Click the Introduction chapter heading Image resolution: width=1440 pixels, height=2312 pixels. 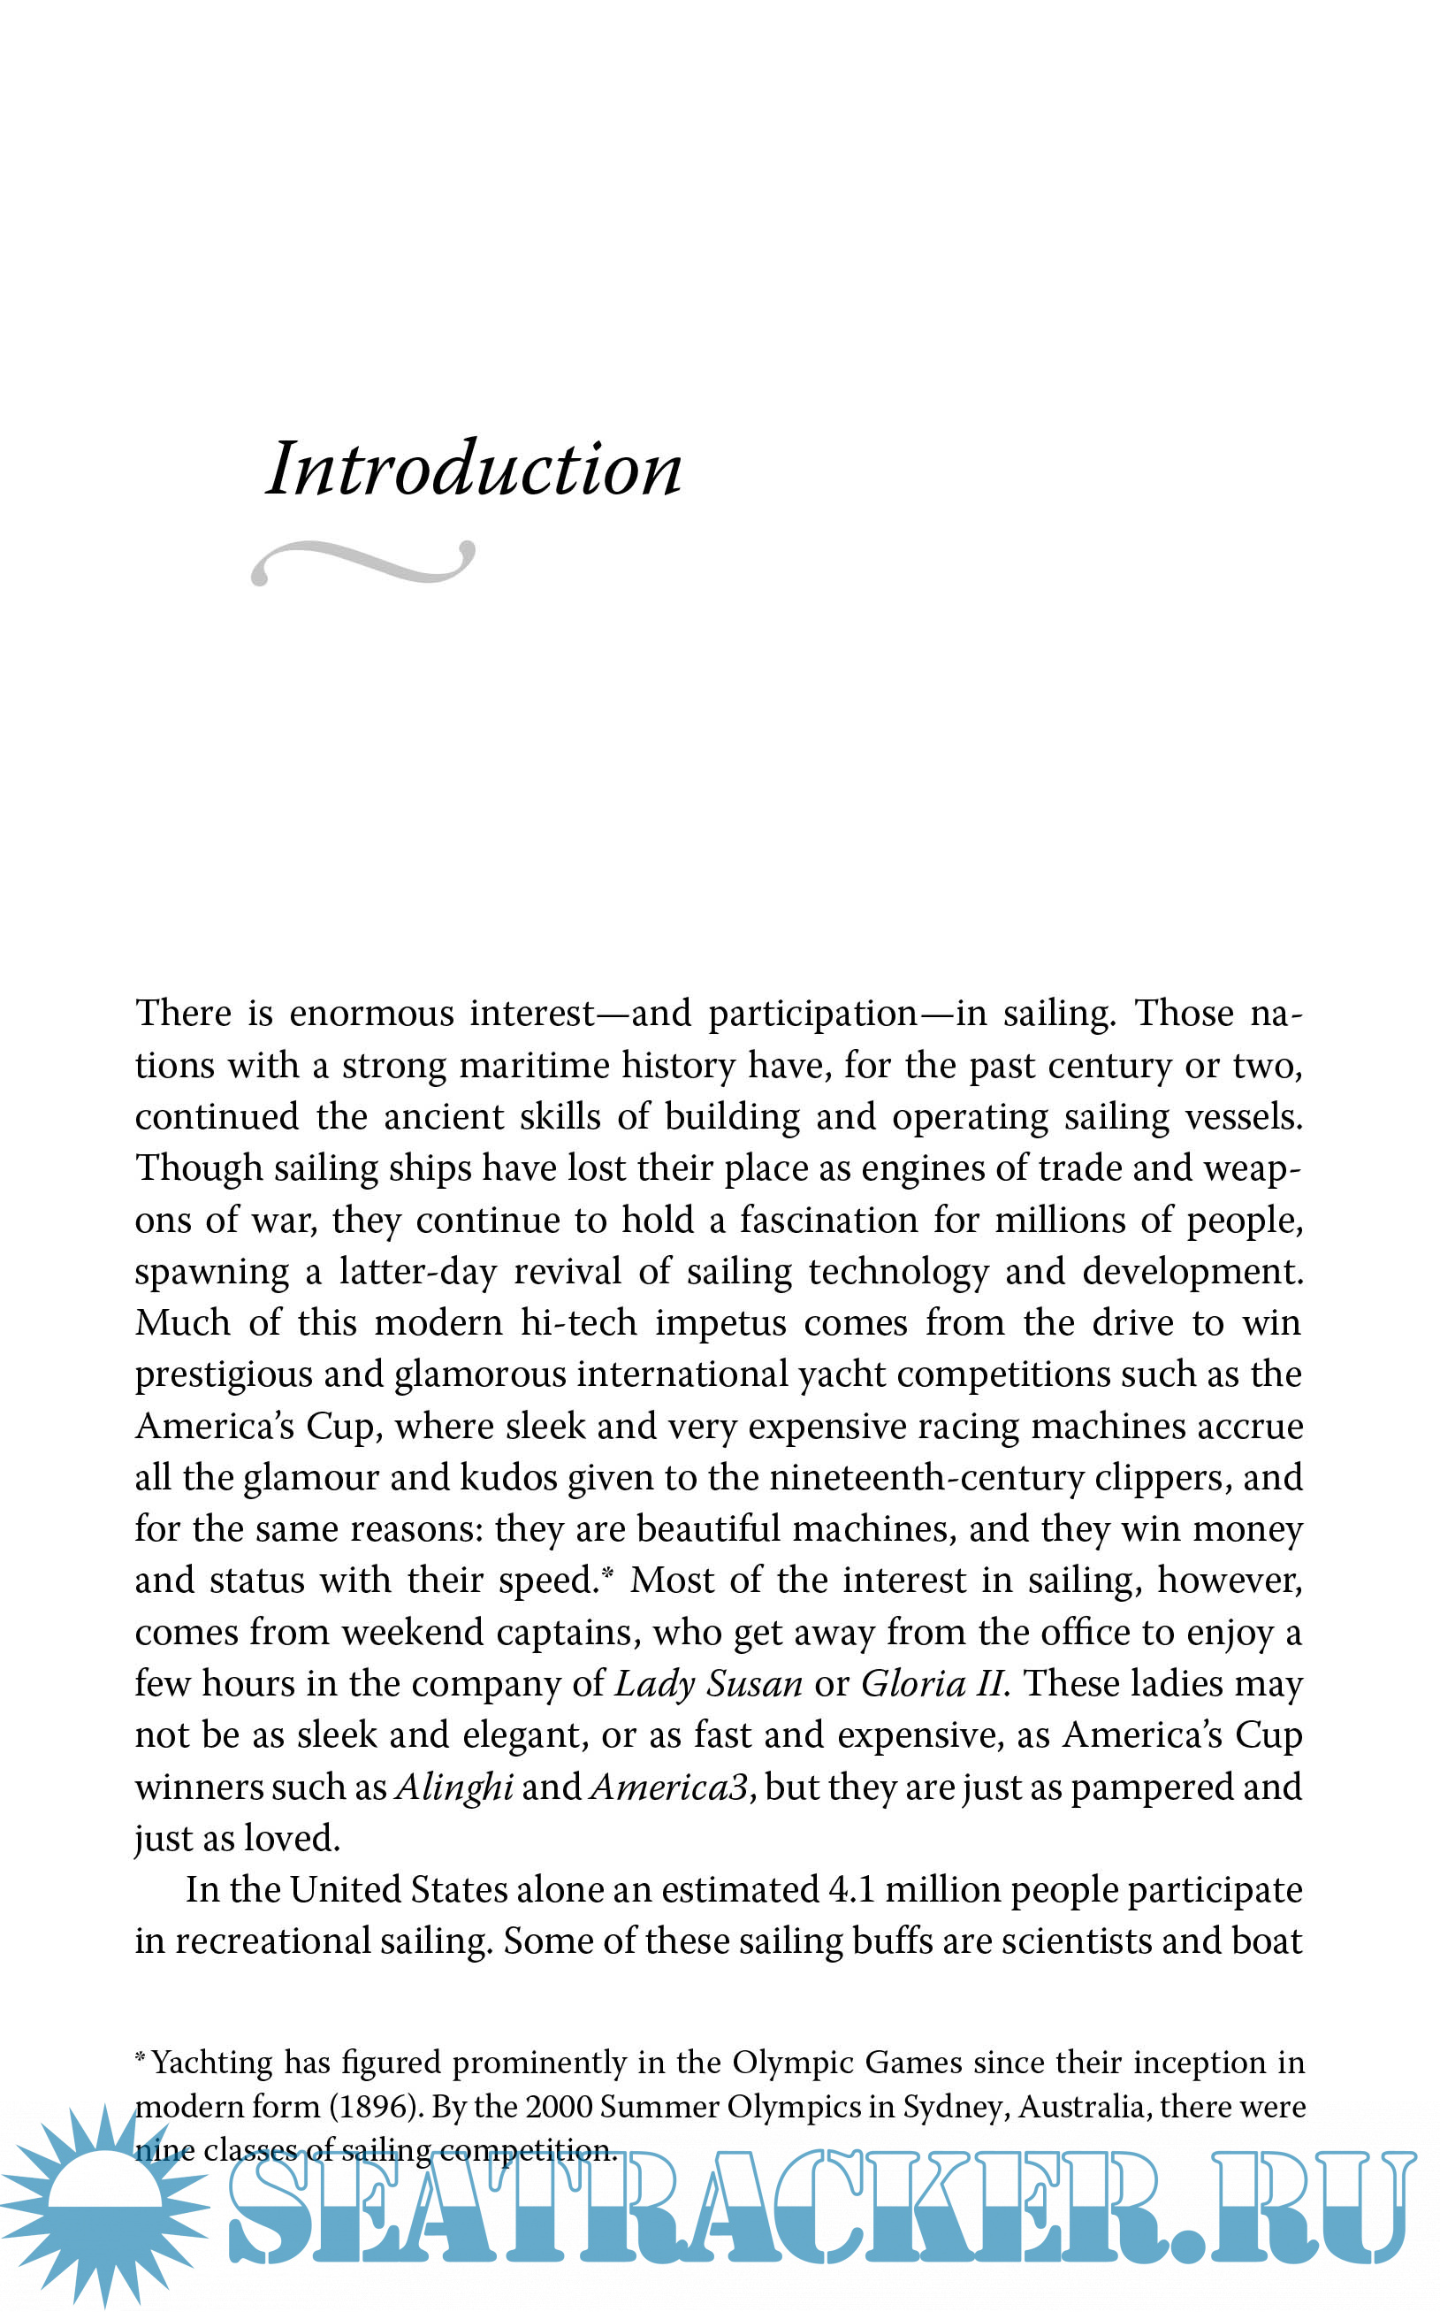point(473,469)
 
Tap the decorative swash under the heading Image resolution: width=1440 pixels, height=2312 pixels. point(362,562)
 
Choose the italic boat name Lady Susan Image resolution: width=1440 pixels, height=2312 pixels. point(709,1684)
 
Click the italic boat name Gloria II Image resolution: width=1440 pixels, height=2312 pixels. point(934,1684)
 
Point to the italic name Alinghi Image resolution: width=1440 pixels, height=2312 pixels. point(454,1788)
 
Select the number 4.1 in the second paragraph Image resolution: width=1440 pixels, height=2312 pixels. point(852,1890)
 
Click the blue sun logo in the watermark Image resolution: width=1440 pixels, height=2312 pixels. point(105,2205)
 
